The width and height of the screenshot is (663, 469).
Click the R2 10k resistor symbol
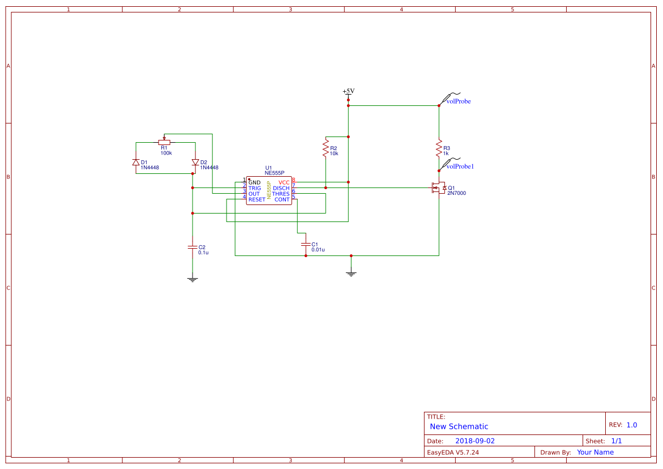pyautogui.click(x=326, y=148)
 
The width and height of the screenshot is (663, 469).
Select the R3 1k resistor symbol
pyautogui.click(x=439, y=148)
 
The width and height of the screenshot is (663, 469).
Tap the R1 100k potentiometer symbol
pyautogui.click(x=165, y=142)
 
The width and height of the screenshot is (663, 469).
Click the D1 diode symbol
pyautogui.click(x=136, y=163)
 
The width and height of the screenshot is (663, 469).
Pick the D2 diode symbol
pyautogui.click(x=195, y=163)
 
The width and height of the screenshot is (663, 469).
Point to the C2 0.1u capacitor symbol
pyautogui.click(x=193, y=247)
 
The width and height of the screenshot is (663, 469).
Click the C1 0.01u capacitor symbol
pyautogui.click(x=306, y=244)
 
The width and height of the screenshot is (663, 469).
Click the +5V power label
pyautogui.click(x=348, y=92)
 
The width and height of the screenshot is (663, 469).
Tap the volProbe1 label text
pyautogui.click(x=460, y=167)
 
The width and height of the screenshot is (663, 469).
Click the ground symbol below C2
pyautogui.click(x=193, y=279)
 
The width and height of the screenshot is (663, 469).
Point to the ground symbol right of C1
pyautogui.click(x=351, y=274)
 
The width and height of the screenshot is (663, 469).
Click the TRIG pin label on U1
pyautogui.click(x=255, y=188)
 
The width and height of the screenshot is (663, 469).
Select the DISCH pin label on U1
pyautogui.click(x=281, y=188)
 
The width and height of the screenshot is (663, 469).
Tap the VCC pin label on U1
pyautogui.click(x=284, y=182)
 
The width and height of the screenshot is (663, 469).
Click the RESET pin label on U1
pyautogui.click(x=256, y=199)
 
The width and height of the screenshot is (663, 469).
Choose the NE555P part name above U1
pyautogui.click(x=274, y=173)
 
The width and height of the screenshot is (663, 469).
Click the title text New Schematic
pyautogui.click(x=459, y=427)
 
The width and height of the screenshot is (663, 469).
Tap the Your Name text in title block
pyautogui.click(x=595, y=452)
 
